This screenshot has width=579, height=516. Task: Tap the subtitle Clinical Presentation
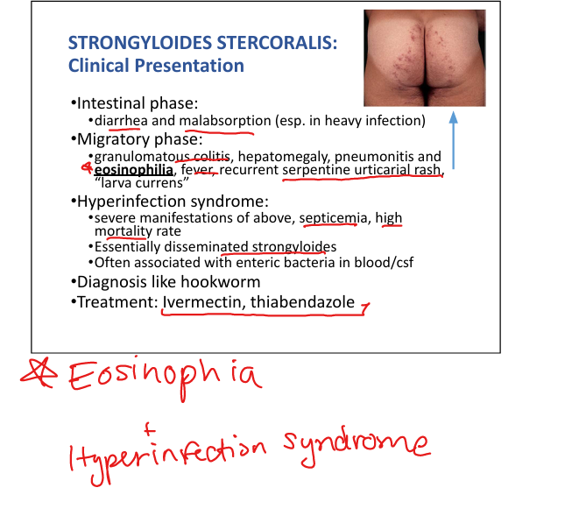(x=156, y=66)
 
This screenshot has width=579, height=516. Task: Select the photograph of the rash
(x=424, y=58)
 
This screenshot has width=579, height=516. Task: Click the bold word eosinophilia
(x=133, y=171)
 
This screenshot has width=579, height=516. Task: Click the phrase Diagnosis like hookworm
(x=168, y=282)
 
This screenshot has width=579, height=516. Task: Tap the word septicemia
(x=329, y=217)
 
